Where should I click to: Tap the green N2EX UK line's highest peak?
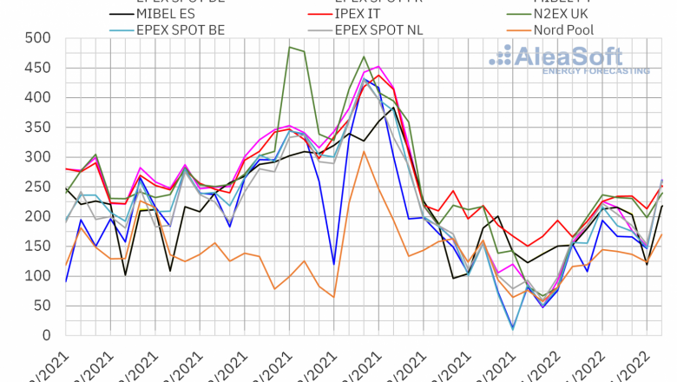(289, 47)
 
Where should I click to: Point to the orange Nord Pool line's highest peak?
(365, 152)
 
